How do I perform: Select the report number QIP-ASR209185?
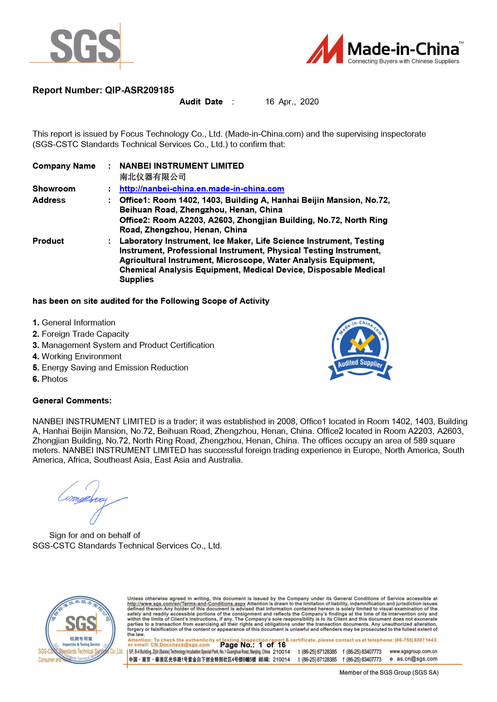tap(139, 90)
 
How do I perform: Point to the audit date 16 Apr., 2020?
tap(292, 102)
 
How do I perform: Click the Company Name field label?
tap(64, 166)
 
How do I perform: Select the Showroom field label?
tap(54, 189)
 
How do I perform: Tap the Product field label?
tap(48, 241)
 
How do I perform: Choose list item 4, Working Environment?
tap(77, 357)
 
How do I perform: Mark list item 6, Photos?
tap(50, 379)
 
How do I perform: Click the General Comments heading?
tap(72, 401)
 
